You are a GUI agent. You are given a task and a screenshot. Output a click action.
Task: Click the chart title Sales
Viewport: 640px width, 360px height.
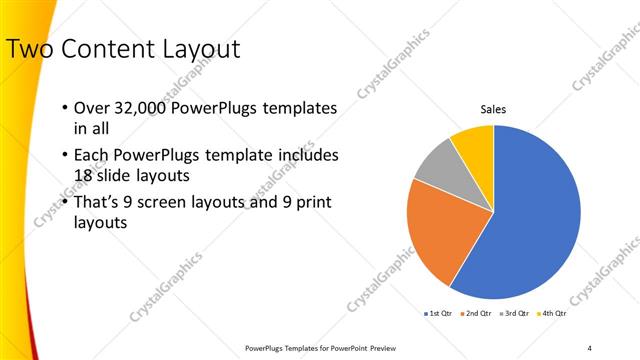pos(494,109)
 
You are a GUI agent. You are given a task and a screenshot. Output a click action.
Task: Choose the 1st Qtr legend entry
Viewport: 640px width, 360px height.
pos(439,314)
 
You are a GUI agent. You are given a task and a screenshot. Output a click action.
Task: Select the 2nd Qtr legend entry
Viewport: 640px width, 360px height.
pos(476,314)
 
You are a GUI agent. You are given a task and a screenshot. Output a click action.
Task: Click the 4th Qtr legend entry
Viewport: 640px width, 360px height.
pos(551,314)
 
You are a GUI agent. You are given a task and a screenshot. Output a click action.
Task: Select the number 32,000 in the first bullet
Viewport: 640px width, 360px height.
pos(140,108)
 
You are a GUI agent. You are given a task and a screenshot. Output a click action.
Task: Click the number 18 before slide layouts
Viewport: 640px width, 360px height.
pos(85,176)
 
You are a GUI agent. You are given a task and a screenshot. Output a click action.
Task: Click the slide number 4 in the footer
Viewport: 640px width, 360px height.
pos(589,347)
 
